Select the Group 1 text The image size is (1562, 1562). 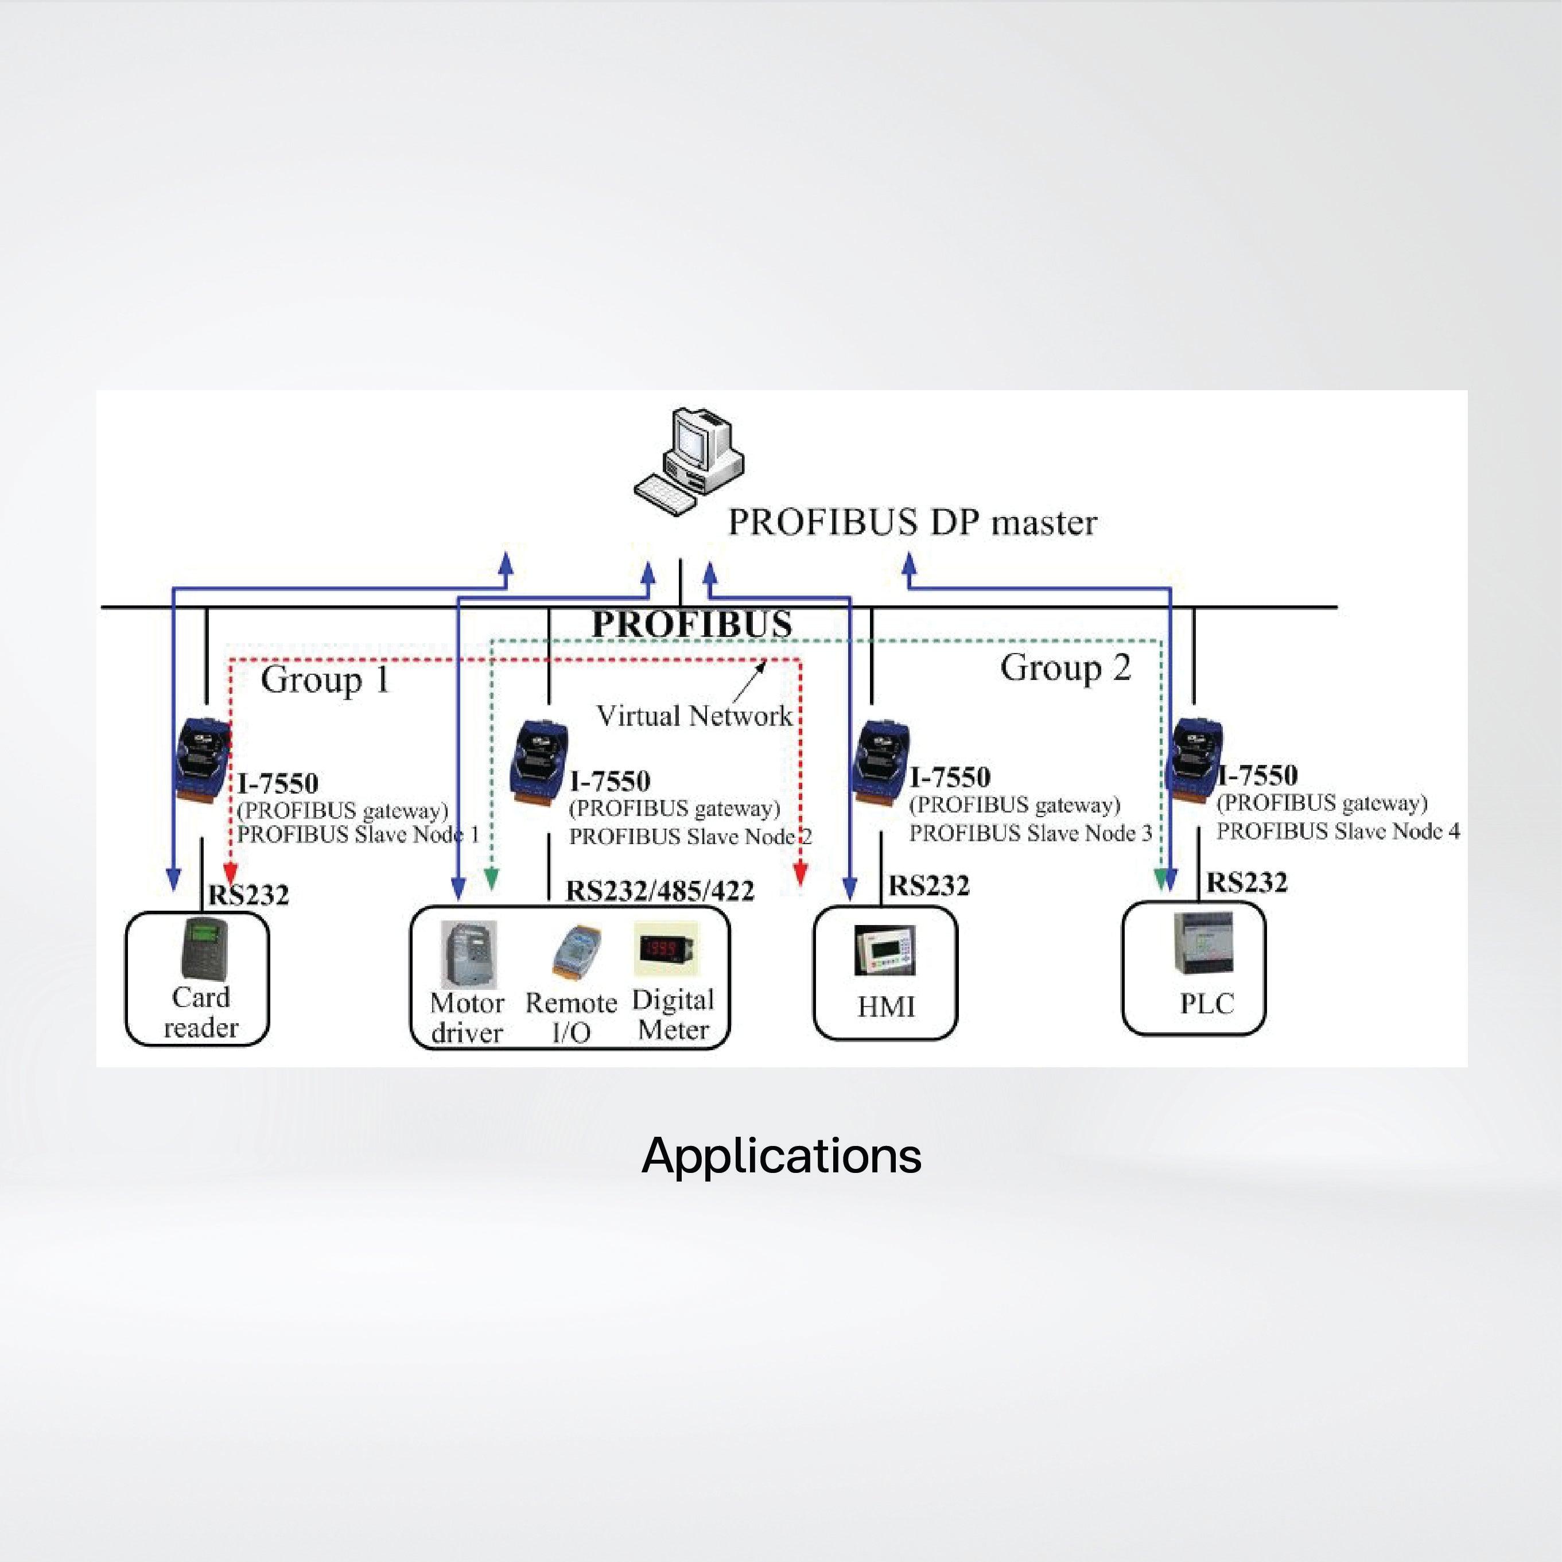(325, 679)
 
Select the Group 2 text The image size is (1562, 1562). (1065, 668)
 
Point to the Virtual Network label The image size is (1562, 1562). (694, 716)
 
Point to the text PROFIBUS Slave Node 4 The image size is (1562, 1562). (1338, 831)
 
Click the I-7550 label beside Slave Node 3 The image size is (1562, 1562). (949, 778)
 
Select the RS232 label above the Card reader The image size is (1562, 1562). (248, 896)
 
